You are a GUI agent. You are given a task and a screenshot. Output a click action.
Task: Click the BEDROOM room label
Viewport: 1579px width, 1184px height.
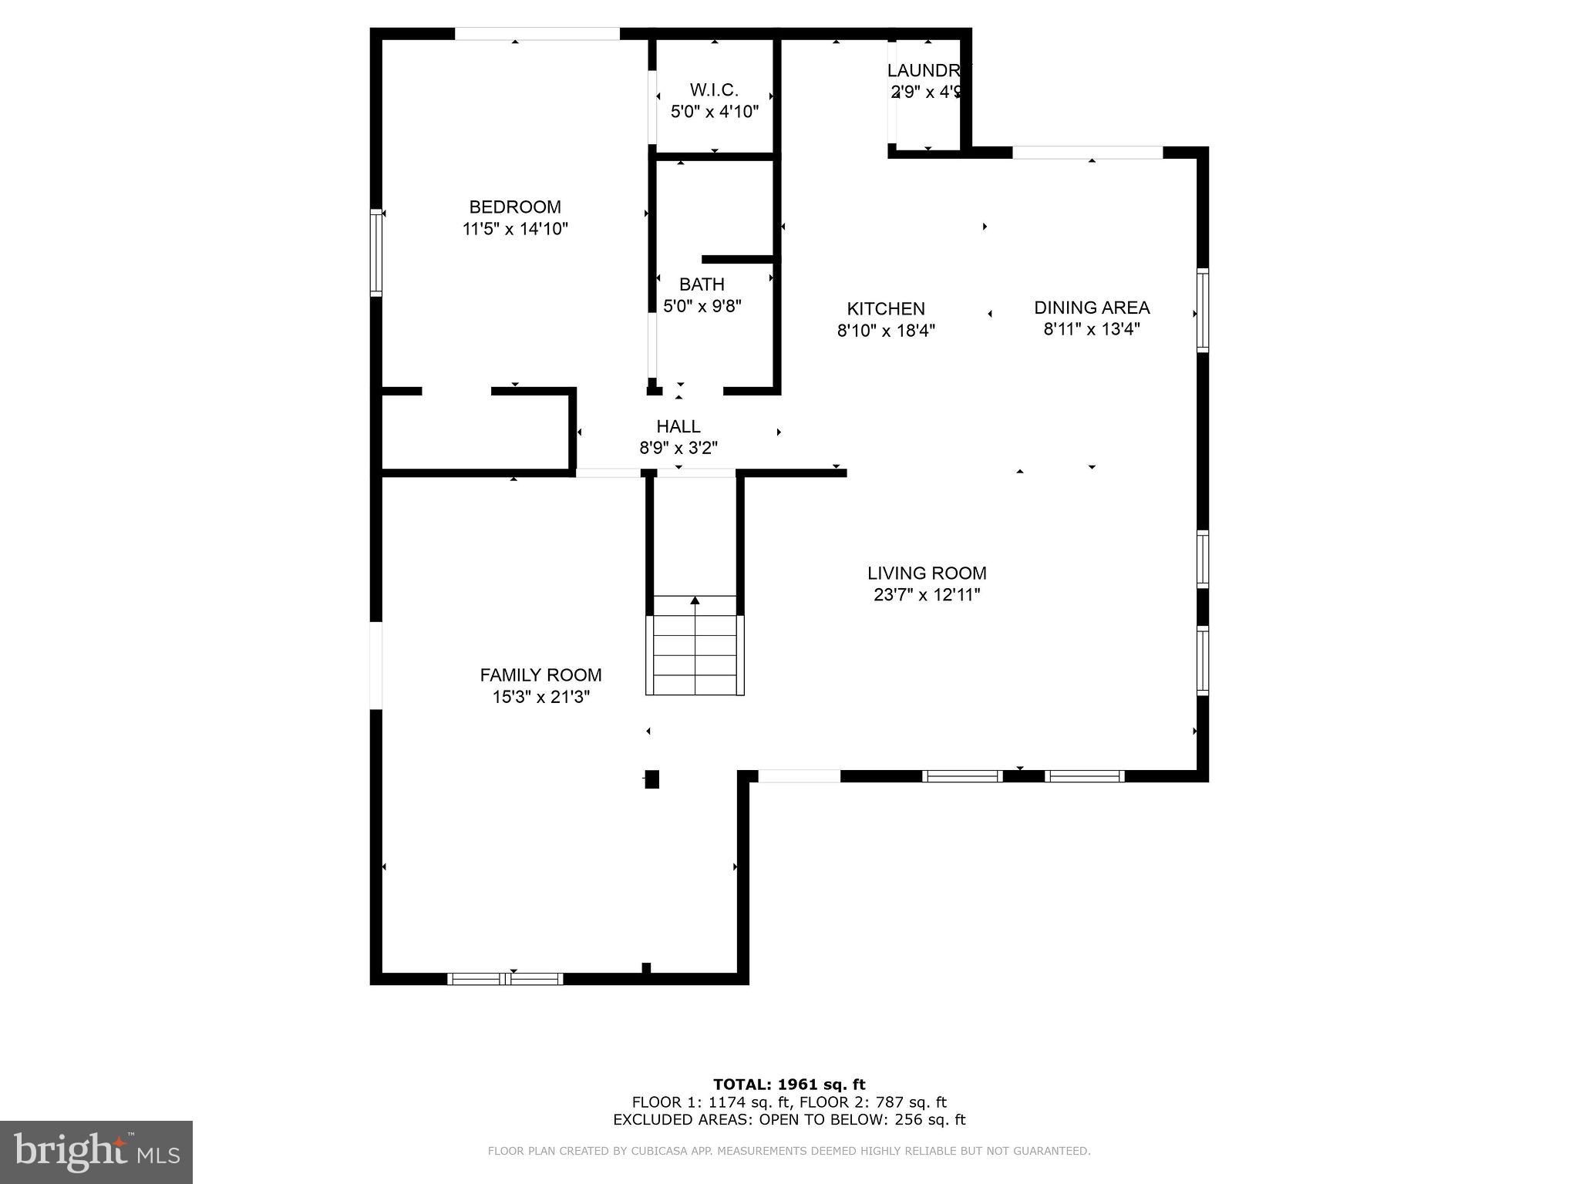(x=515, y=207)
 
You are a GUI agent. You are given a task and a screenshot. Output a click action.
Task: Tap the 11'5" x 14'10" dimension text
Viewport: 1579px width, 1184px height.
(x=515, y=229)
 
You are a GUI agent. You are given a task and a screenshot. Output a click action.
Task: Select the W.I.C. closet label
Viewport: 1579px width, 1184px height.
(x=714, y=90)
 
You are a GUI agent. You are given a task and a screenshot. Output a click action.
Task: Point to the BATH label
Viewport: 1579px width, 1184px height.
(x=702, y=284)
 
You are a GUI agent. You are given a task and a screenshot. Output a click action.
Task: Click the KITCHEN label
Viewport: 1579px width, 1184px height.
(x=886, y=309)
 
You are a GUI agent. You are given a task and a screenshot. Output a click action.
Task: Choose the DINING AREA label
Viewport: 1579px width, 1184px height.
(x=1092, y=308)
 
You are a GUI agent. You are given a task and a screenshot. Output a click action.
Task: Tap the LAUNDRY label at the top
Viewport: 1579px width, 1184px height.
(x=924, y=70)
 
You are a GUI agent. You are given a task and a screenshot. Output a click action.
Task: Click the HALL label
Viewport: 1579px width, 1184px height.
(x=678, y=426)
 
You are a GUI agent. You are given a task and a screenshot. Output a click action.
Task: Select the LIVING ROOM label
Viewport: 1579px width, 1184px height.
(x=927, y=573)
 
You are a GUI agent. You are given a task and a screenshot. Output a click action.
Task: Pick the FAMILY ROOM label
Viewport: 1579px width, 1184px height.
(x=540, y=675)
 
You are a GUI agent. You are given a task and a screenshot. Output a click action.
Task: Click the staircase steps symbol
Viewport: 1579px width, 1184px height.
(x=695, y=655)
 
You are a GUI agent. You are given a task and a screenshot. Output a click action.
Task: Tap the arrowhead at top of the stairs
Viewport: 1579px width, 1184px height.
(x=695, y=600)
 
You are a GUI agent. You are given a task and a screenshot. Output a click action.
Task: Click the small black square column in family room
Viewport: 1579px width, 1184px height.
(x=652, y=779)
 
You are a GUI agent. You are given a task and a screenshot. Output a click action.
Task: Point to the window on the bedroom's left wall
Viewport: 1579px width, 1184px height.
(x=376, y=252)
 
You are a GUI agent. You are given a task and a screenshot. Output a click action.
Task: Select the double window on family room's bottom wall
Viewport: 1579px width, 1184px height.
(x=506, y=979)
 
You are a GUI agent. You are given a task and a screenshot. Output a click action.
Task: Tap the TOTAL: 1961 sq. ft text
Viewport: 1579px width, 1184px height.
(x=789, y=1085)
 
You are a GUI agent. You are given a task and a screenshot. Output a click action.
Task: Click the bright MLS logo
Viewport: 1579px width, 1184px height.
(x=96, y=1152)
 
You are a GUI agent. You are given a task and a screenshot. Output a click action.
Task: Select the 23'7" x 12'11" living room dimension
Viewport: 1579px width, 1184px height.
(x=927, y=595)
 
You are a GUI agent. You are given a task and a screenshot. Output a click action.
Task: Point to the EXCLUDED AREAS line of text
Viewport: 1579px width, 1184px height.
(x=789, y=1120)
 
